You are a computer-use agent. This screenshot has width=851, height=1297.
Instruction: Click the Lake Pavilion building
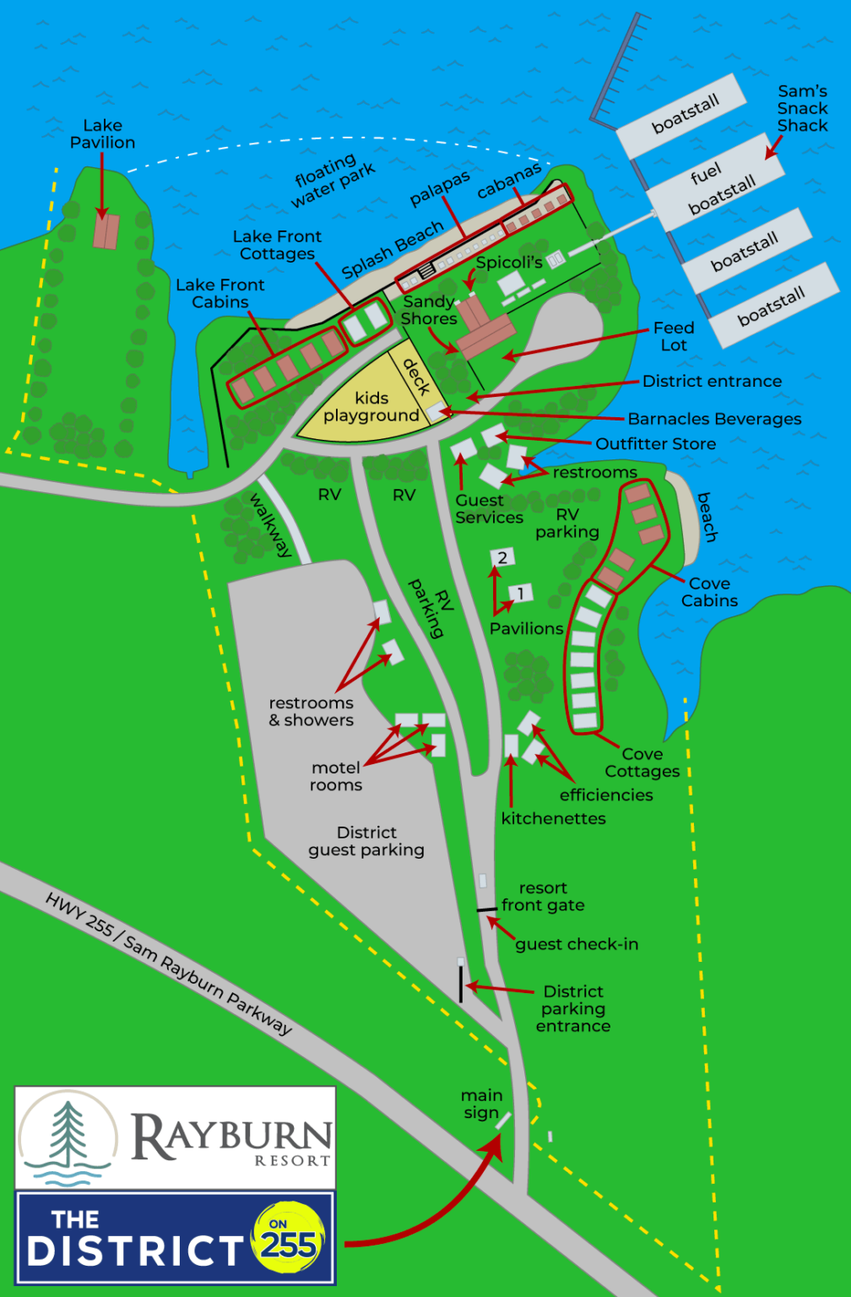(106, 231)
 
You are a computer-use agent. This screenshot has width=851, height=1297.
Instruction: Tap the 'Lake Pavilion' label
(102, 134)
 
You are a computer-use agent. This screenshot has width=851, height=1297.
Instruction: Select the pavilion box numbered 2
(502, 557)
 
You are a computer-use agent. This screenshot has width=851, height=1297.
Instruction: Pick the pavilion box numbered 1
(521, 594)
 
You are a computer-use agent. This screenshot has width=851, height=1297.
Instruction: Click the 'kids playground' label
(371, 407)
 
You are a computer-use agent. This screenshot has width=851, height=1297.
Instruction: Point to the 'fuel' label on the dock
(706, 173)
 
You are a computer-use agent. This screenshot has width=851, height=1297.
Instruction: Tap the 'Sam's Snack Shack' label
(802, 108)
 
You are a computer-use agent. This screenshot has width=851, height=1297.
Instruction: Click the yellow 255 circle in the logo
(288, 1239)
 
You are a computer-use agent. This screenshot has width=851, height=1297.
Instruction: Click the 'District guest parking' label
(366, 841)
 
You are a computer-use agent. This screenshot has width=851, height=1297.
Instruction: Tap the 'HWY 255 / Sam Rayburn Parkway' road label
(168, 963)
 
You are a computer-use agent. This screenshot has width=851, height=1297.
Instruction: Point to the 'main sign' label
(481, 1104)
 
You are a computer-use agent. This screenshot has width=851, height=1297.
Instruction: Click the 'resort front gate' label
(543, 897)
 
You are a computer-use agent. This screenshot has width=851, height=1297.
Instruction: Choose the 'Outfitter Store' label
(655, 444)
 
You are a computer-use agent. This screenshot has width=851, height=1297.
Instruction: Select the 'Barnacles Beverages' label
(714, 419)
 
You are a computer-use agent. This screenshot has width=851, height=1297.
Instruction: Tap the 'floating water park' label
(333, 181)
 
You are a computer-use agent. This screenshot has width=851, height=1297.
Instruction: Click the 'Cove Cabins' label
(709, 592)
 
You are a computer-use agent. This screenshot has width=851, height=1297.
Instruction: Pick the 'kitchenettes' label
(553, 818)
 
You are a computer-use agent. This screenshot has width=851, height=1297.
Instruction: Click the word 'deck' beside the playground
(416, 377)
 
